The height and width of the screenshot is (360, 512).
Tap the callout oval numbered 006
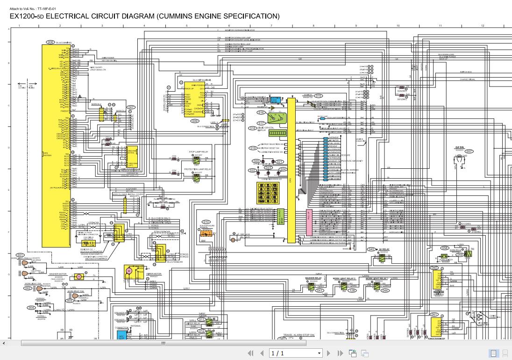[50, 42]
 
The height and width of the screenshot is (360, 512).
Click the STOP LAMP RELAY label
[198, 152]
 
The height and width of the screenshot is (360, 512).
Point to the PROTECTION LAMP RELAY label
[198, 169]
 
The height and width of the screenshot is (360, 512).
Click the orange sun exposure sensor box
[206, 234]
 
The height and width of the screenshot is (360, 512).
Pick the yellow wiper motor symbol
[128, 271]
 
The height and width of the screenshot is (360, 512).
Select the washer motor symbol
[79, 276]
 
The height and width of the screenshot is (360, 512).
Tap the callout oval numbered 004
[31, 308]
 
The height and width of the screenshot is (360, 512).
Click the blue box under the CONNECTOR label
[121, 335]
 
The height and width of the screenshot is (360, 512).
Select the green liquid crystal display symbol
[277, 133]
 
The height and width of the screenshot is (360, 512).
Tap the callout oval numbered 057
[469, 151]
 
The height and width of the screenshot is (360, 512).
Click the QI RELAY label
[384, 250]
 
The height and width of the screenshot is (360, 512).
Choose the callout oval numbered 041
[320, 290]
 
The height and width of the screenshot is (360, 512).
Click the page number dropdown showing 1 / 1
[296, 353]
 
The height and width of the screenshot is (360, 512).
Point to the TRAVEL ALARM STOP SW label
[299, 335]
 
